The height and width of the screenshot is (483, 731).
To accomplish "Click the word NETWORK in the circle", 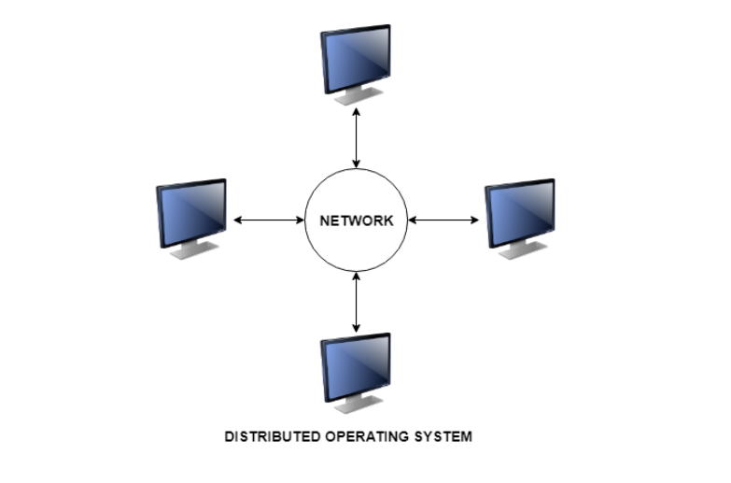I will click(356, 221).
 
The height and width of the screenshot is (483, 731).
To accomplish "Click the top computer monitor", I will click(356, 57).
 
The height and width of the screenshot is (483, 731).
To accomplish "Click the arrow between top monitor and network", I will click(356, 138).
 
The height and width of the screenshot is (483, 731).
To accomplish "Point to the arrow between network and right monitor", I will click(444, 220).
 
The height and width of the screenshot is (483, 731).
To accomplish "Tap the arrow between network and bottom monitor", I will click(356, 302).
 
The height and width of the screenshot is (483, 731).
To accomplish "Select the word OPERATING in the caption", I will click(369, 436).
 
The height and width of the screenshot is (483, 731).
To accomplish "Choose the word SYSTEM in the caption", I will click(446, 436).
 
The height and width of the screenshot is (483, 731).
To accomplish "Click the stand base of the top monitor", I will click(359, 98).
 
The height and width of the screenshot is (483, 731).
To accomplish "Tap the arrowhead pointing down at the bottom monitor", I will click(356, 327).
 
